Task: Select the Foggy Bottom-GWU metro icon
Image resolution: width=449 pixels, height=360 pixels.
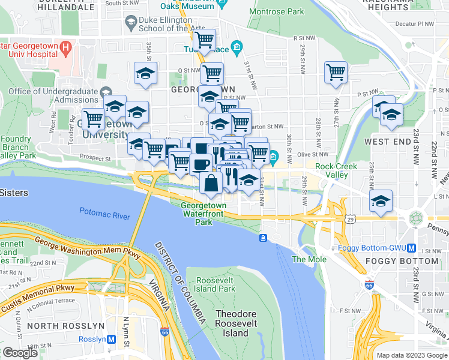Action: coord(411,248)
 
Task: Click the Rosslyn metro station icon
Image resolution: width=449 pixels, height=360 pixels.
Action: coord(112,339)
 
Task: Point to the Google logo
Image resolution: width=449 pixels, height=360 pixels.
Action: coord(20,353)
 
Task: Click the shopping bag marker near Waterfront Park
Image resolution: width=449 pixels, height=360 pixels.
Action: coord(211,183)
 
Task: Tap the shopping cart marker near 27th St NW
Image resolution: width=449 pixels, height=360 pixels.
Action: coord(336,73)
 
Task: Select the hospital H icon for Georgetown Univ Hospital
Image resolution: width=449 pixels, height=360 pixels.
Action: coord(66,46)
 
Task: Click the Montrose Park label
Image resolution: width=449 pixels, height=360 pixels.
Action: coord(276,11)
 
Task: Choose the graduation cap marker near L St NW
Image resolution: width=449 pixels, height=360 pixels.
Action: coord(381,202)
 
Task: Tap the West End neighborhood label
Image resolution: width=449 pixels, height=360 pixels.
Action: coord(388,142)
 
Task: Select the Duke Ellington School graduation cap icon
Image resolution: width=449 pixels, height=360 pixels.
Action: coord(130,23)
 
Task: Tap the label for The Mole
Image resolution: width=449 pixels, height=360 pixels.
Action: coord(309,259)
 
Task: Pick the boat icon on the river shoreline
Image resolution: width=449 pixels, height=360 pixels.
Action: coord(263,238)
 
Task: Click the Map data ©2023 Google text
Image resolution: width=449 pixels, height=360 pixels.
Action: coord(411,355)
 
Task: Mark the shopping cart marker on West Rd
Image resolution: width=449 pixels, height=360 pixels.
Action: coord(93,119)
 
